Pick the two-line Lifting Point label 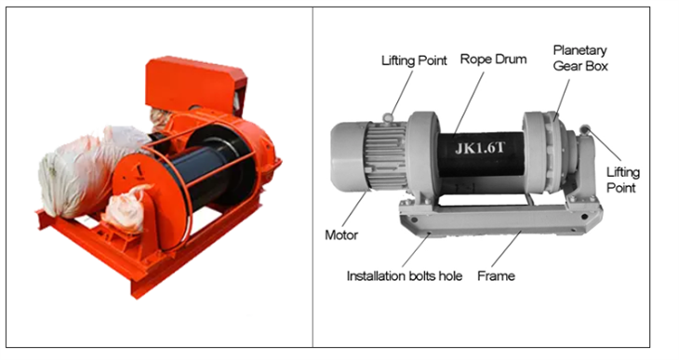[623, 180]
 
